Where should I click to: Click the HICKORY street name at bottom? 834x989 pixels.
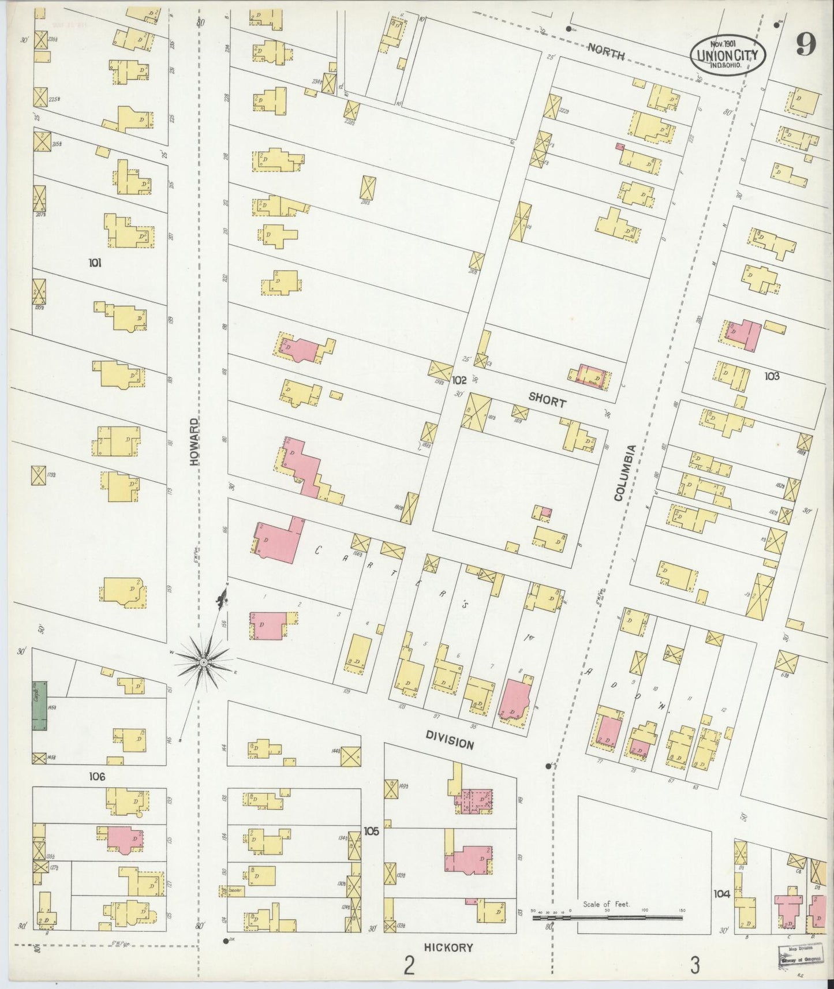tap(448, 947)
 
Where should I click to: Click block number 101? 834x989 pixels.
tap(95, 263)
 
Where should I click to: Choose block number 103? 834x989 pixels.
tap(772, 376)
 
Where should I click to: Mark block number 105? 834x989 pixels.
tap(371, 831)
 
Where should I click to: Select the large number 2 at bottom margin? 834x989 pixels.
tap(409, 964)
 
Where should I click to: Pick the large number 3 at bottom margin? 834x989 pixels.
tap(696, 964)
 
